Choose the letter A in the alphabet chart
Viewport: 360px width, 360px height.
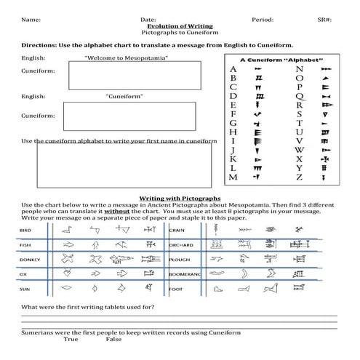[x=233, y=70]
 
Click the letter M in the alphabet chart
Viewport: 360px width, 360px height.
[x=233, y=176]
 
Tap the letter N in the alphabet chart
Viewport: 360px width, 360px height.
[x=300, y=70]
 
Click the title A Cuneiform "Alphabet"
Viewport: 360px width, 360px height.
[x=281, y=57]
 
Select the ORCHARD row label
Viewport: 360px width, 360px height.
[x=182, y=244]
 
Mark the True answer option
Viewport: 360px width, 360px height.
[x=71, y=339]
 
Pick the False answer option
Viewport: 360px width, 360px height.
[x=113, y=339]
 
